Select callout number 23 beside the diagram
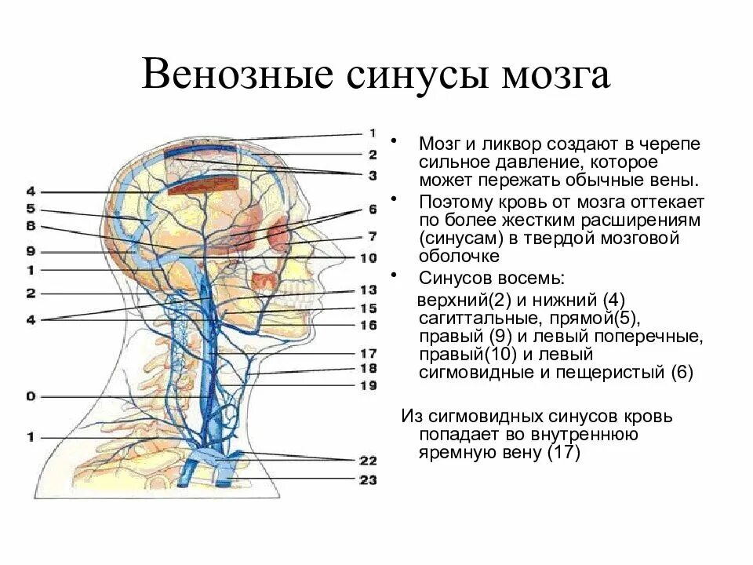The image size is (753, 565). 368,479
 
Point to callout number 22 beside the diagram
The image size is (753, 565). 368,460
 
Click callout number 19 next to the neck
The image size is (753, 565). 368,385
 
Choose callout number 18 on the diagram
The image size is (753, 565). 368,368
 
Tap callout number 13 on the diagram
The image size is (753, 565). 368,290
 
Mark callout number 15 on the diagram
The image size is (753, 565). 368,308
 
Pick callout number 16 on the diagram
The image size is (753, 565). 368,325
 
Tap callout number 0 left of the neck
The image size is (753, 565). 31,397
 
